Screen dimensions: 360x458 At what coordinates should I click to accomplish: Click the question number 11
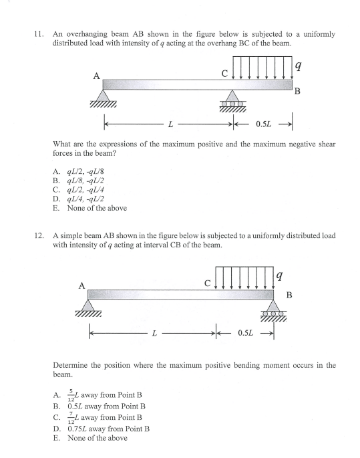point(39,34)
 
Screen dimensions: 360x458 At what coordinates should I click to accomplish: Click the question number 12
point(39,235)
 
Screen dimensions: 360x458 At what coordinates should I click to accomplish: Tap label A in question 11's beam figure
point(97,76)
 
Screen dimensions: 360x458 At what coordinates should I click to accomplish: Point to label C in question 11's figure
point(224,74)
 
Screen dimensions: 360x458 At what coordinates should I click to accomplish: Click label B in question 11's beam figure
point(297,92)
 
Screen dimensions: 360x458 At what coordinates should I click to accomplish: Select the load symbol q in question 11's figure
point(298,67)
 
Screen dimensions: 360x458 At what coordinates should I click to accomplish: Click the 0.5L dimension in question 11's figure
point(263,124)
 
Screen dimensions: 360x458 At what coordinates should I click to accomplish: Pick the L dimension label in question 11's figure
point(171,124)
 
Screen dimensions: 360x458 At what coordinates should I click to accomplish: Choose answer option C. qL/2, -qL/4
point(78,190)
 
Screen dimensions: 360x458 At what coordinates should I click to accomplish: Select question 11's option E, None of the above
point(90,208)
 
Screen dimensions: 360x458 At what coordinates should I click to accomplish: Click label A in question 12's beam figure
point(82,285)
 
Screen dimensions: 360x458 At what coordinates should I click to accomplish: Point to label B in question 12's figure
point(289,295)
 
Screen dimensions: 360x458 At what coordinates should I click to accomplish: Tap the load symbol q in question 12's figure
point(279,275)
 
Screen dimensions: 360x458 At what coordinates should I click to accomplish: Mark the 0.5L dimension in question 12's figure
point(245,333)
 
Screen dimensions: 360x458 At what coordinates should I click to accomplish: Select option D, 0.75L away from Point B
point(102,429)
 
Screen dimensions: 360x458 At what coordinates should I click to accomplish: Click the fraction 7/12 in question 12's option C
point(71,418)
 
